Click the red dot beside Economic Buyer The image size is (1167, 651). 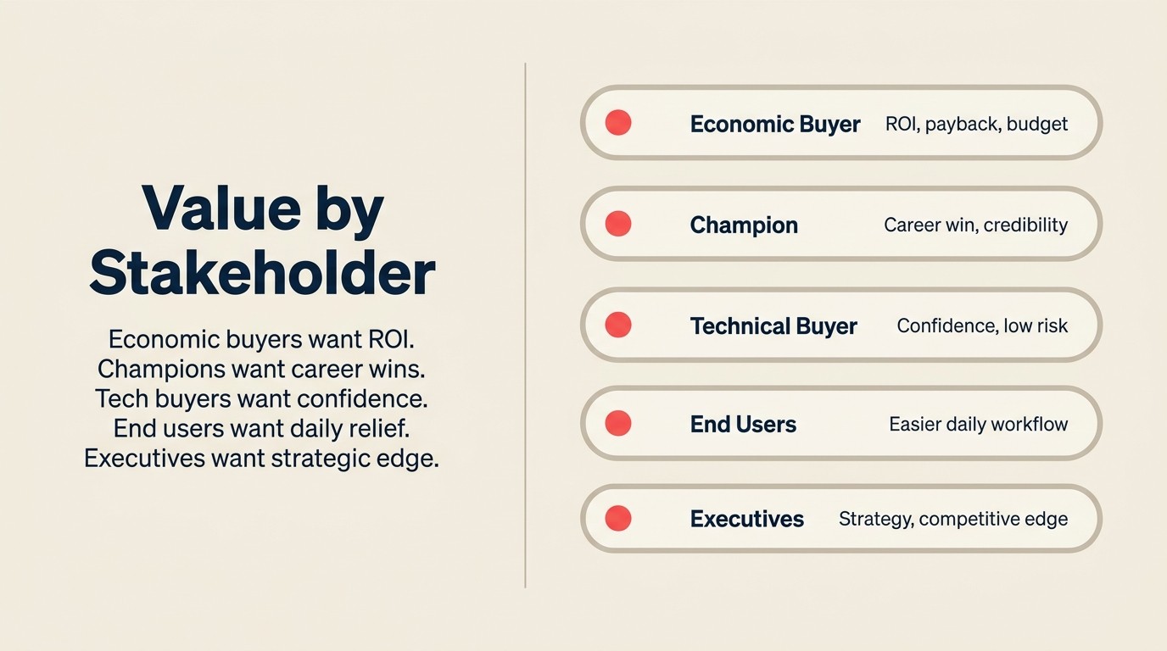[x=618, y=123]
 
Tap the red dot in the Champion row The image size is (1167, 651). [x=618, y=224]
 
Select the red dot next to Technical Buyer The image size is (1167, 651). [x=618, y=325]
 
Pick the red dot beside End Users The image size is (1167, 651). [x=618, y=423]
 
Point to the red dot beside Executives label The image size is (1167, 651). [x=618, y=518]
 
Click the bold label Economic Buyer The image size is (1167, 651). [x=775, y=125]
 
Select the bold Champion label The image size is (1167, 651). [x=744, y=225]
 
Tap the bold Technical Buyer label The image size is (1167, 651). [x=773, y=326]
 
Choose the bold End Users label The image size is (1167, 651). [x=743, y=425]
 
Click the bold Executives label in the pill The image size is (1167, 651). [x=746, y=519]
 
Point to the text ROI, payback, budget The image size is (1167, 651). [x=976, y=125]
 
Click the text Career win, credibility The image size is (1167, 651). [x=975, y=225]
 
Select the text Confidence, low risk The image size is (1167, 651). [x=982, y=326]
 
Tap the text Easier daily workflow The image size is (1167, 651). [x=978, y=425]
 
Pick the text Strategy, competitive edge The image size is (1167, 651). [x=953, y=519]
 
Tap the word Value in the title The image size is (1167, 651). [x=209, y=209]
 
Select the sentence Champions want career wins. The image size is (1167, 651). [x=261, y=370]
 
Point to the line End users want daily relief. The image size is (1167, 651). [x=261, y=428]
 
